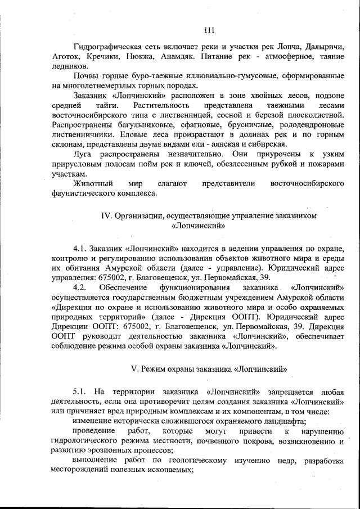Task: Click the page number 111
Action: click(209, 30)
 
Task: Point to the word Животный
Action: click(93, 184)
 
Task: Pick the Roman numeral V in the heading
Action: click(133, 369)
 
